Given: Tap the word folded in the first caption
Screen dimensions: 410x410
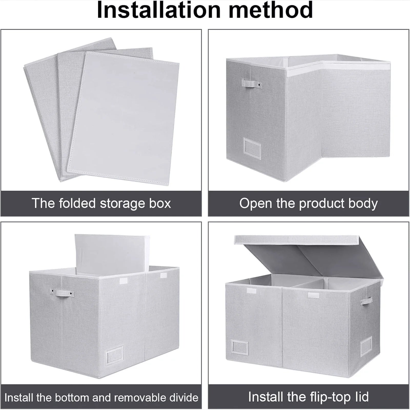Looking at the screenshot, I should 77,203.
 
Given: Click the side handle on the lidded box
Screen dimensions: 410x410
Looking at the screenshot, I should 366,301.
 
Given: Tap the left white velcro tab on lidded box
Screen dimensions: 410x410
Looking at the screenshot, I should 251,291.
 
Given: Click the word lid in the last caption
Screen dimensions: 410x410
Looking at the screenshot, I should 361,397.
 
